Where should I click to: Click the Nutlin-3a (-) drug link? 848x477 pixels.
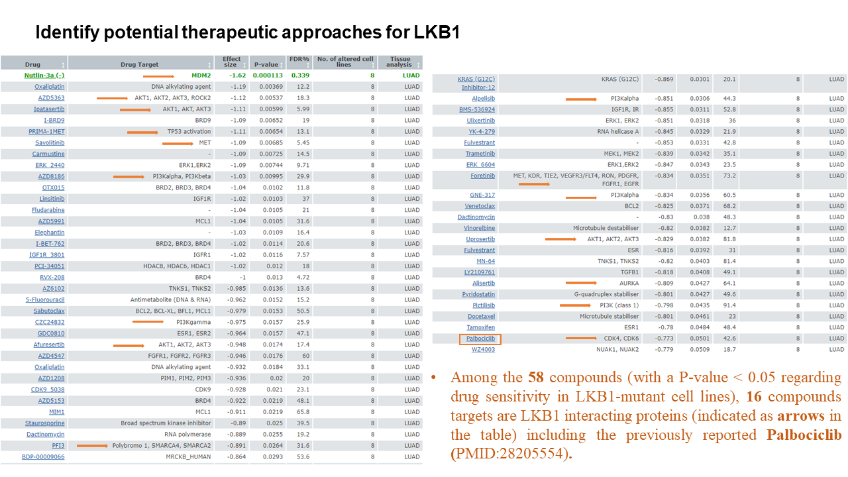coord(44,76)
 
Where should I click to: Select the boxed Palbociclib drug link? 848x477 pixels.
coord(480,339)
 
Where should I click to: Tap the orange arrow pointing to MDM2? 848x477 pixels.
coord(158,76)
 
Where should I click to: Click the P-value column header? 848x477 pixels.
coord(266,64)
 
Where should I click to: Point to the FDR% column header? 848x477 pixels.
coord(299,59)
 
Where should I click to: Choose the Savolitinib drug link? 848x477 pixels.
coord(50,142)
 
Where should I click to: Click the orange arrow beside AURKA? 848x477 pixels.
coord(581,283)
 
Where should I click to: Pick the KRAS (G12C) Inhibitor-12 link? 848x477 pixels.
coord(476,83)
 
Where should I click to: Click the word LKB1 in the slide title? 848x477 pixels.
coord(437,32)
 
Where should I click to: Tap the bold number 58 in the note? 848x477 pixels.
coord(536,377)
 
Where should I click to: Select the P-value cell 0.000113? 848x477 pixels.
coord(268,76)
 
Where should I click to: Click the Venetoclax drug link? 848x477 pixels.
coord(480,206)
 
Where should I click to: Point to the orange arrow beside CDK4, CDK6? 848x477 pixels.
coord(581,338)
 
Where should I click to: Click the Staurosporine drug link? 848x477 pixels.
coord(44,423)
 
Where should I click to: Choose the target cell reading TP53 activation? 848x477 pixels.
coord(189,131)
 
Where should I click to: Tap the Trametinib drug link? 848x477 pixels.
coord(480,154)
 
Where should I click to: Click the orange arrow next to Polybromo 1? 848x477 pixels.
coord(92,446)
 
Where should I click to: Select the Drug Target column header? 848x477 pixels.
coord(139,64)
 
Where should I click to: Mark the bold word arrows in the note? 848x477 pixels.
coord(801,415)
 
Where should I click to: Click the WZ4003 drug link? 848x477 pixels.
coord(483,349)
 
